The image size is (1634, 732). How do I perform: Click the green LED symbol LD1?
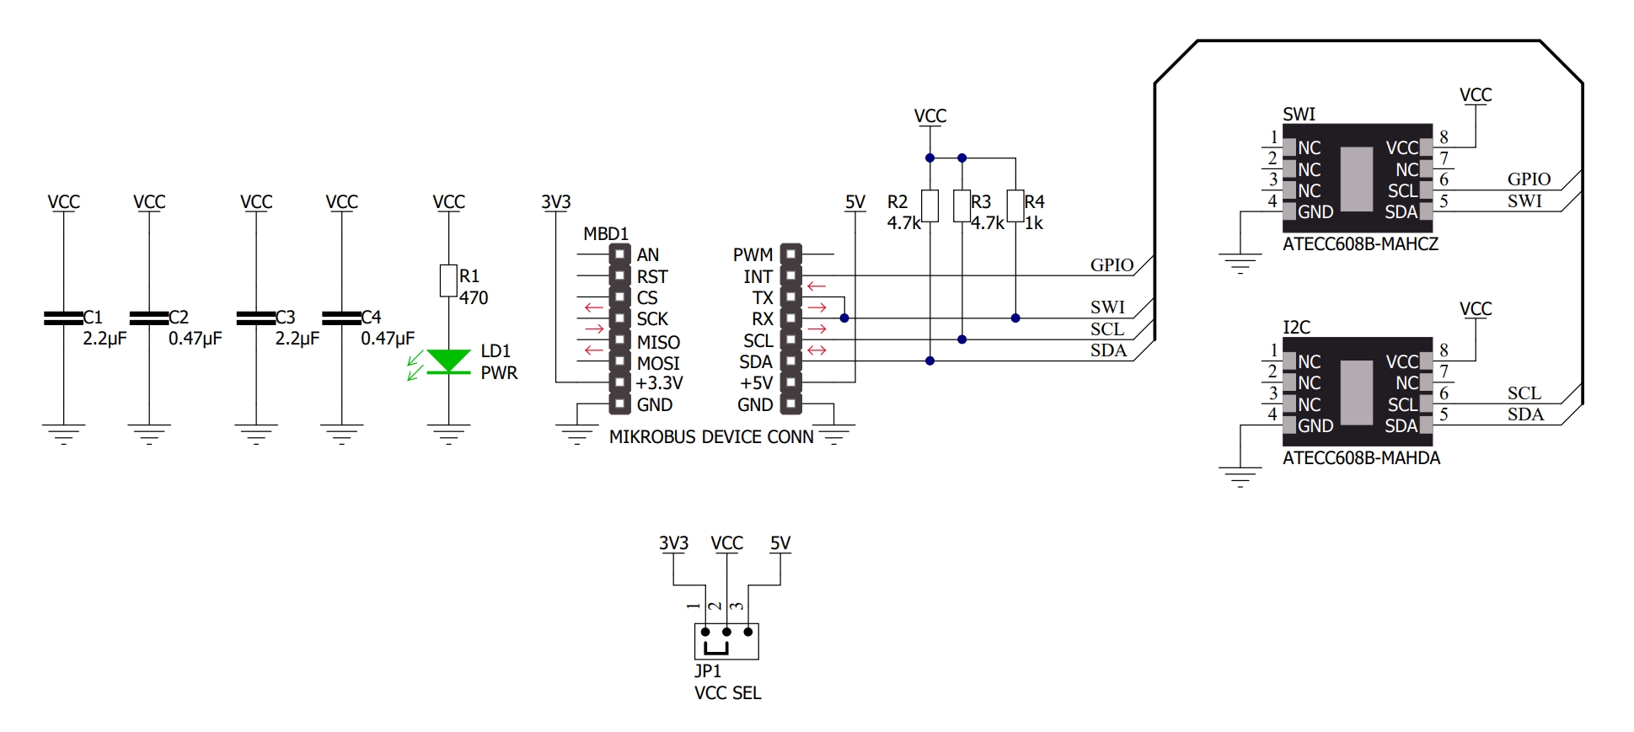(x=448, y=361)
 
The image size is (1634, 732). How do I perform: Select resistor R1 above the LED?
(x=448, y=281)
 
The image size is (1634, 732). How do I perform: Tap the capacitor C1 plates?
(x=63, y=318)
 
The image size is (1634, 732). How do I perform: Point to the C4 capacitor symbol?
(x=341, y=318)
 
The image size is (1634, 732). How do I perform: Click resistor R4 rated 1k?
(x=1015, y=206)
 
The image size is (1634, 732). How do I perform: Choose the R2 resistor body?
(x=930, y=206)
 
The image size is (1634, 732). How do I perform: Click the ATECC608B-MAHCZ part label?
(x=1360, y=244)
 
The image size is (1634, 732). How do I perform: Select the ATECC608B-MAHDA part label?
(x=1361, y=458)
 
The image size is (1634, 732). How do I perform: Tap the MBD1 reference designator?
(x=606, y=233)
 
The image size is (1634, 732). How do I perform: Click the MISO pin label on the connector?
(x=658, y=342)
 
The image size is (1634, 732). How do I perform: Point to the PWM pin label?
(x=753, y=254)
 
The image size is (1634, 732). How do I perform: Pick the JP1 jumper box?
(x=726, y=641)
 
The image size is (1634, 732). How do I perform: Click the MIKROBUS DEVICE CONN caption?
(x=711, y=437)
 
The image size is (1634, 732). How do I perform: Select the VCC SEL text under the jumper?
(x=727, y=692)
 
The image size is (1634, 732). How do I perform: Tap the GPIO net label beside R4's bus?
(x=1112, y=265)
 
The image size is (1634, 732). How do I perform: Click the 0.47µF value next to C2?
(x=195, y=339)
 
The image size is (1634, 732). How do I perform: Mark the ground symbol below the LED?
(x=448, y=434)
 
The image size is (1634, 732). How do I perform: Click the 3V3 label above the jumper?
(x=673, y=543)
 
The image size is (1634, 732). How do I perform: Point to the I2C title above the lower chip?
(x=1296, y=327)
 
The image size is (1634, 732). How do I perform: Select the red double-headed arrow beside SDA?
(x=817, y=350)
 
